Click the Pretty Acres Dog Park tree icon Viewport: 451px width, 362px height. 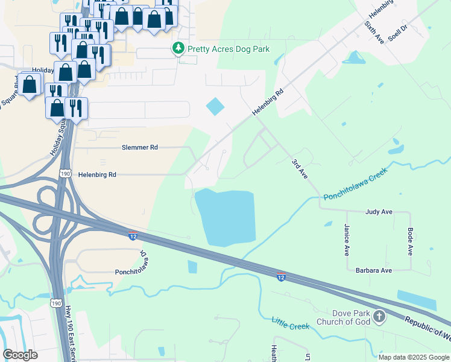coord(178,49)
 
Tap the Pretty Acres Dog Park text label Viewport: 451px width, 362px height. coord(229,49)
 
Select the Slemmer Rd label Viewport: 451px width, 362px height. coord(139,147)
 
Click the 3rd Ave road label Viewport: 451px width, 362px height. coord(300,168)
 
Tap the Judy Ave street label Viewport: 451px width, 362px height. coord(379,212)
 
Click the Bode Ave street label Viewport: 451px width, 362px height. coord(410,241)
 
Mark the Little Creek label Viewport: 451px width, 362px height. coord(290,323)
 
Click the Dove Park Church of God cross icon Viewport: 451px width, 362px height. coord(379,316)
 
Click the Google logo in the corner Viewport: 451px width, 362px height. coord(20,355)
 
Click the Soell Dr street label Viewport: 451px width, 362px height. coord(398,31)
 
